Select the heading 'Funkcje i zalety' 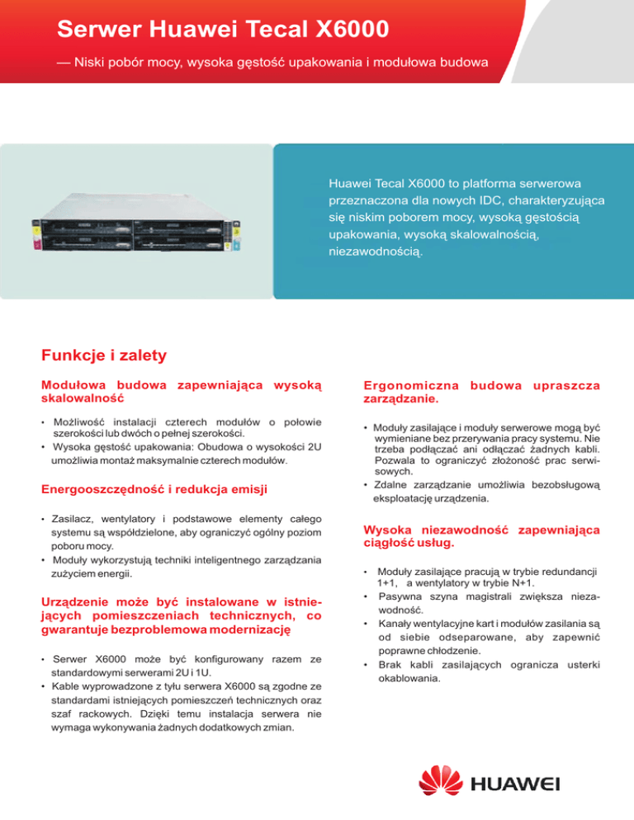tap(104, 356)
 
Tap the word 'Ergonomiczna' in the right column tap(409, 386)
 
